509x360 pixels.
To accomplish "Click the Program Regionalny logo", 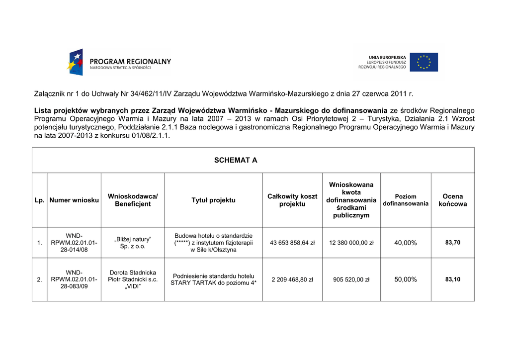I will (x=119, y=63).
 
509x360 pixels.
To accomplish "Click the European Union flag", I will (x=424, y=62).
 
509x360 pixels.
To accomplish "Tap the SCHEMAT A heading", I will (x=236, y=160).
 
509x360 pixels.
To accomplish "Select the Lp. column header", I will (x=39, y=200).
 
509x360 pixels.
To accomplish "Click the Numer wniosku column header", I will (x=74, y=200).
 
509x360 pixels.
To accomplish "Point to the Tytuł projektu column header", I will (x=213, y=200).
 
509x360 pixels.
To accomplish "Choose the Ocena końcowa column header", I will (x=452, y=200).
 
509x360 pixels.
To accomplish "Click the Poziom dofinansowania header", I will (x=406, y=200).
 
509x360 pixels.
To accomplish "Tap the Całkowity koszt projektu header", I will (x=292, y=200).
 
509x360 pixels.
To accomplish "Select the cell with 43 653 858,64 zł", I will (x=292, y=243).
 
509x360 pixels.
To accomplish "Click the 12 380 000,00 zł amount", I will (x=351, y=243).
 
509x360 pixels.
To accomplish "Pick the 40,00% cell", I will (x=406, y=243).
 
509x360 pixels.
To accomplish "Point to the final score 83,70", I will (x=452, y=243).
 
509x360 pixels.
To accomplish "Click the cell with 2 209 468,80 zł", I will (x=292, y=279).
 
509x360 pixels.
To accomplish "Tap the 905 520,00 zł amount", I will (x=351, y=279).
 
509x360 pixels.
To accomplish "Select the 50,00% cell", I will (x=406, y=279).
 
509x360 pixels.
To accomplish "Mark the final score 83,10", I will (x=452, y=279).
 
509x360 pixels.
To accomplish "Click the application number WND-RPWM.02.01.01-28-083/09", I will (x=74, y=279).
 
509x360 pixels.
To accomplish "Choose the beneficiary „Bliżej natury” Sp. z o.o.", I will (x=133, y=243).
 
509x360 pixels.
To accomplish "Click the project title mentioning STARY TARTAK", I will (x=213, y=279).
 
